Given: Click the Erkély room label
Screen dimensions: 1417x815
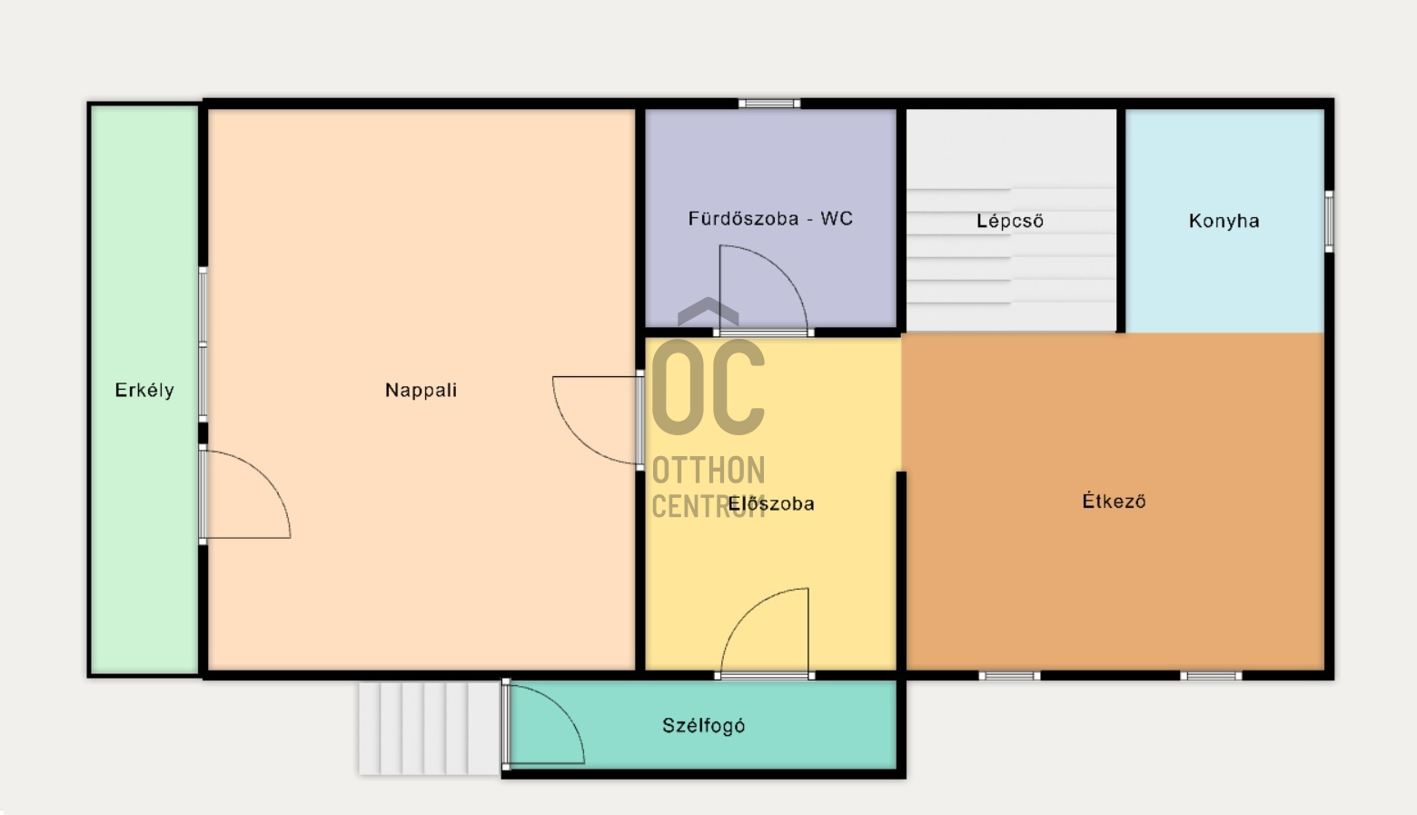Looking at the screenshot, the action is [x=144, y=390].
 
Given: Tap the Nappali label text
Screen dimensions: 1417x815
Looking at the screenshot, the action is [x=421, y=390].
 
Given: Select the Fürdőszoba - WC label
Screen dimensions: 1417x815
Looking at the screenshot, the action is [x=770, y=218].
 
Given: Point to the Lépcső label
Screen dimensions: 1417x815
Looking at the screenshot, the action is [x=1010, y=220].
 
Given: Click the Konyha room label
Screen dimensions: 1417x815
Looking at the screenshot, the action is [x=1224, y=220].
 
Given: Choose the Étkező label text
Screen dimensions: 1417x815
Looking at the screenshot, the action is [x=1114, y=502].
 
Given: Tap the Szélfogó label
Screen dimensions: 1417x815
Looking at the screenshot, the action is [x=703, y=725].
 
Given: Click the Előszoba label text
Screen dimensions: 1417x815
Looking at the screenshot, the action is [x=771, y=503].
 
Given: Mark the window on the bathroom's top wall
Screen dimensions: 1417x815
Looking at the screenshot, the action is [x=768, y=104].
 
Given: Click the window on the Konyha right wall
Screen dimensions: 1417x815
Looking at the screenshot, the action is [x=1329, y=221].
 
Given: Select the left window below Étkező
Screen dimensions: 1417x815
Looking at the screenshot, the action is [x=1009, y=676].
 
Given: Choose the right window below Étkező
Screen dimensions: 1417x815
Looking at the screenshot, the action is [x=1211, y=676].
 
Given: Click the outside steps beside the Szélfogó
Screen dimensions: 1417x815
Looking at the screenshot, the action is [x=430, y=728].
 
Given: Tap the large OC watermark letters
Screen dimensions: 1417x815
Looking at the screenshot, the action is [x=708, y=387].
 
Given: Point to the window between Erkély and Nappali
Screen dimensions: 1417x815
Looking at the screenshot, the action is [x=203, y=344].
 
